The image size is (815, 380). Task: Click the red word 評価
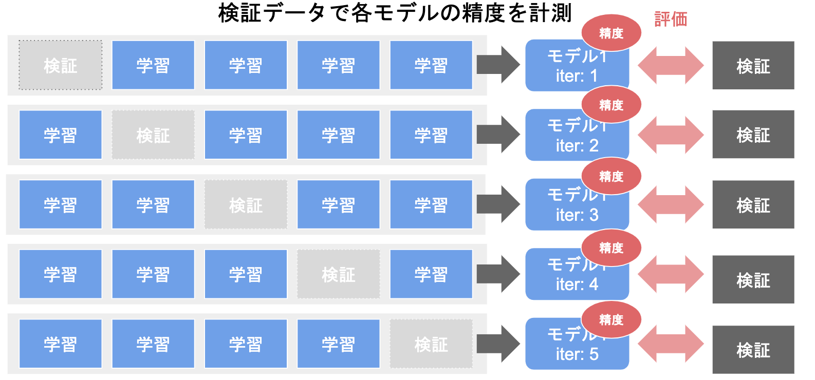pos(671,20)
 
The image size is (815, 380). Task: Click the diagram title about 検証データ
pos(395,13)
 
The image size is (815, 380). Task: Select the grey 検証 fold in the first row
pos(61,65)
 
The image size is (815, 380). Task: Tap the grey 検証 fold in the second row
pos(153,135)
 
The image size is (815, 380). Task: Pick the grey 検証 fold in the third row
pos(246,204)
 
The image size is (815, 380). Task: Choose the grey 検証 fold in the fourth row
pos(338,274)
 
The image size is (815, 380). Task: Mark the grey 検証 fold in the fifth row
pos(431,344)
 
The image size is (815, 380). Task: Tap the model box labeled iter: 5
pos(577,349)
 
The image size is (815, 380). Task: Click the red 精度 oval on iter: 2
pos(611,105)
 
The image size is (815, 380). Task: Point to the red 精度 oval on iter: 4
pos(611,248)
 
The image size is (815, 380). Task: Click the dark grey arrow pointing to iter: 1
pos(498,65)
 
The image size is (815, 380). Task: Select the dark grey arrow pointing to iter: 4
pos(498,274)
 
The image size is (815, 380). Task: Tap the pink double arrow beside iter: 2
pos(671,135)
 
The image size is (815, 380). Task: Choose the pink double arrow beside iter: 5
pos(671,344)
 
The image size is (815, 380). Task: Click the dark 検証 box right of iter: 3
pos(753,204)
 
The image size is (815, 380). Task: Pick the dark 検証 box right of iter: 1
pos(753,65)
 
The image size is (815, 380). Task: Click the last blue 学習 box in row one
pos(431,65)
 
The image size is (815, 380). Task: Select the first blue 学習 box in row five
pos(61,344)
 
